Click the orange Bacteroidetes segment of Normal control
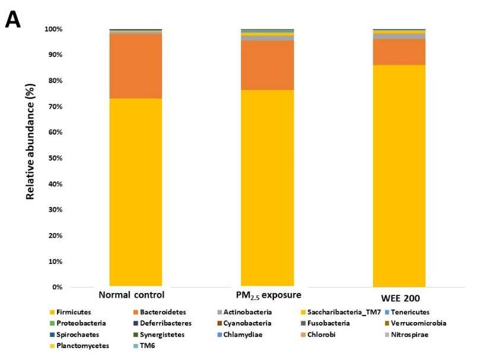tap(136, 66)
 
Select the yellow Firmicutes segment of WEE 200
tap(399, 176)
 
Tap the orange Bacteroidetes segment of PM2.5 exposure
tap(268, 65)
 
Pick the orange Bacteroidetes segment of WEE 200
tap(399, 52)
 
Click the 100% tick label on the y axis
tap(53, 29)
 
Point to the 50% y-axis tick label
tap(55, 158)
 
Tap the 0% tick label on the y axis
tap(57, 287)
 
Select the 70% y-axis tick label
tap(55, 107)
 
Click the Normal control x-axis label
tap(131, 295)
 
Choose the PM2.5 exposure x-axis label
tap(268, 295)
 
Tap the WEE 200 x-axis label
tap(400, 298)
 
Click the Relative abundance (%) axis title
tap(30, 141)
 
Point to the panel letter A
tap(13, 20)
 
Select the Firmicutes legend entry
tap(71, 312)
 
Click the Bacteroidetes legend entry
tap(160, 312)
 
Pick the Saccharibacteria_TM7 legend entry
tap(341, 312)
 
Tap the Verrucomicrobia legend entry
tap(415, 323)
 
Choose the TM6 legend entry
tap(144, 346)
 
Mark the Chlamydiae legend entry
tap(240, 334)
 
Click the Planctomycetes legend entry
tap(80, 346)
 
